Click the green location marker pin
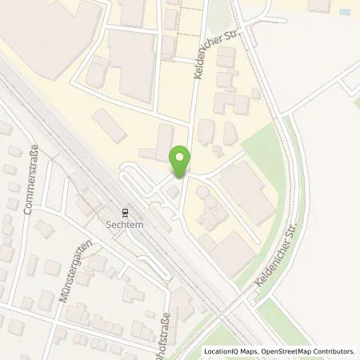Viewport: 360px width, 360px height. point(181,162)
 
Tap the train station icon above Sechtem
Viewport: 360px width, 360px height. point(126,212)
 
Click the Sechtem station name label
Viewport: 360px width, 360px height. point(126,224)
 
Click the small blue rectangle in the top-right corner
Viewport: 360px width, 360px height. point(344,13)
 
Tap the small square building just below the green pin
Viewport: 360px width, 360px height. point(173,192)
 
